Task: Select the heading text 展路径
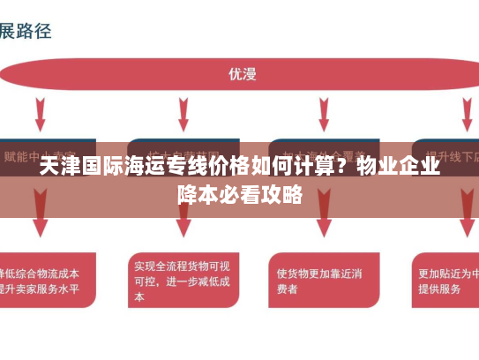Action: (26, 31)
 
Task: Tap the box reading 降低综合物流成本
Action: (46, 281)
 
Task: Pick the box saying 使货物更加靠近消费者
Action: (321, 280)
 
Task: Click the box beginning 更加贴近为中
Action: (445, 281)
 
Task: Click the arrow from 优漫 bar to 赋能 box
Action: (41, 114)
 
